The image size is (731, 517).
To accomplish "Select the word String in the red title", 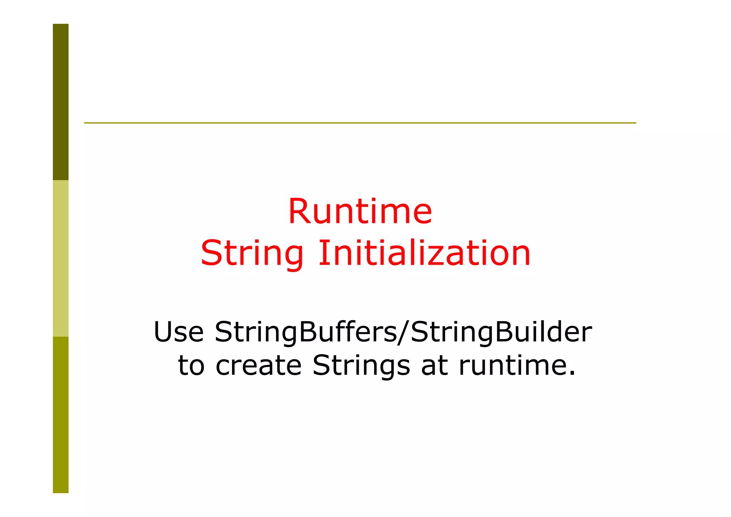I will [x=252, y=254].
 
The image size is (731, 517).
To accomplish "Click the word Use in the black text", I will [x=178, y=332].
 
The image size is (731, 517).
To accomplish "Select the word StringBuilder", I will [x=501, y=332].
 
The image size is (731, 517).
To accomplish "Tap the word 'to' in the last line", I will [x=191, y=366].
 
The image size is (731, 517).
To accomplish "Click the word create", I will [x=258, y=366].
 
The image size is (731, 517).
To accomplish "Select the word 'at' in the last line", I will [x=434, y=366].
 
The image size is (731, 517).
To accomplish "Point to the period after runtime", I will [x=572, y=373].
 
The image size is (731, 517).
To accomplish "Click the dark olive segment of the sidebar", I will [x=61, y=102].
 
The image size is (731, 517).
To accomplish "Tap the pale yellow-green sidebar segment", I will [x=61, y=258].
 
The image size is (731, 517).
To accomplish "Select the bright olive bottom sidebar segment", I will [x=61, y=415].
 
